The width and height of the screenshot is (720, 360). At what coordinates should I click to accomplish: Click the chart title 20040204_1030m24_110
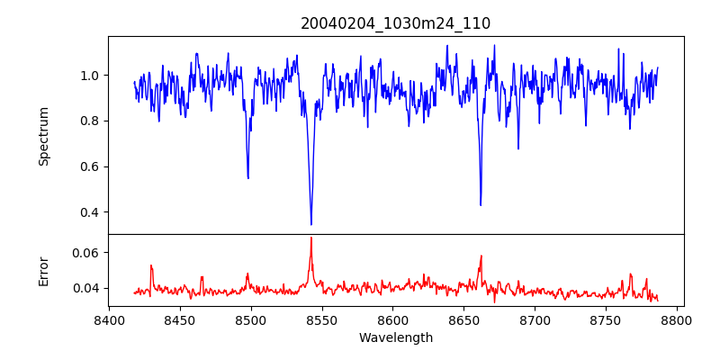click(396, 23)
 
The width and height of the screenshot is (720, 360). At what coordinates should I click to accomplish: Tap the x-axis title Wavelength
click(396, 338)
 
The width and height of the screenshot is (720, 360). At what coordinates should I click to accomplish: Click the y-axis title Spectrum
click(43, 136)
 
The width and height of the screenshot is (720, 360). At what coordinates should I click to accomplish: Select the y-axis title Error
click(43, 271)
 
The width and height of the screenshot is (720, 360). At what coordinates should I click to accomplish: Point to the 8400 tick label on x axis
click(109, 319)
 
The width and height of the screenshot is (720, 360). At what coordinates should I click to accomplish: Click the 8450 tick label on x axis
click(180, 319)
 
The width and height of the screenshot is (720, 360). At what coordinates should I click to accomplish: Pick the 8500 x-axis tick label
click(251, 319)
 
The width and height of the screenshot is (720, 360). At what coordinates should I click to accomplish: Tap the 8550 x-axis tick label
click(322, 319)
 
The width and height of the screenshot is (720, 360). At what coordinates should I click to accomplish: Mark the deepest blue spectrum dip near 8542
click(311, 225)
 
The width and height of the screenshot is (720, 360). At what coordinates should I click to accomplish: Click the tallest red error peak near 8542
click(311, 238)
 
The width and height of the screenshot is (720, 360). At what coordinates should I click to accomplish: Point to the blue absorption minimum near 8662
click(481, 205)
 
